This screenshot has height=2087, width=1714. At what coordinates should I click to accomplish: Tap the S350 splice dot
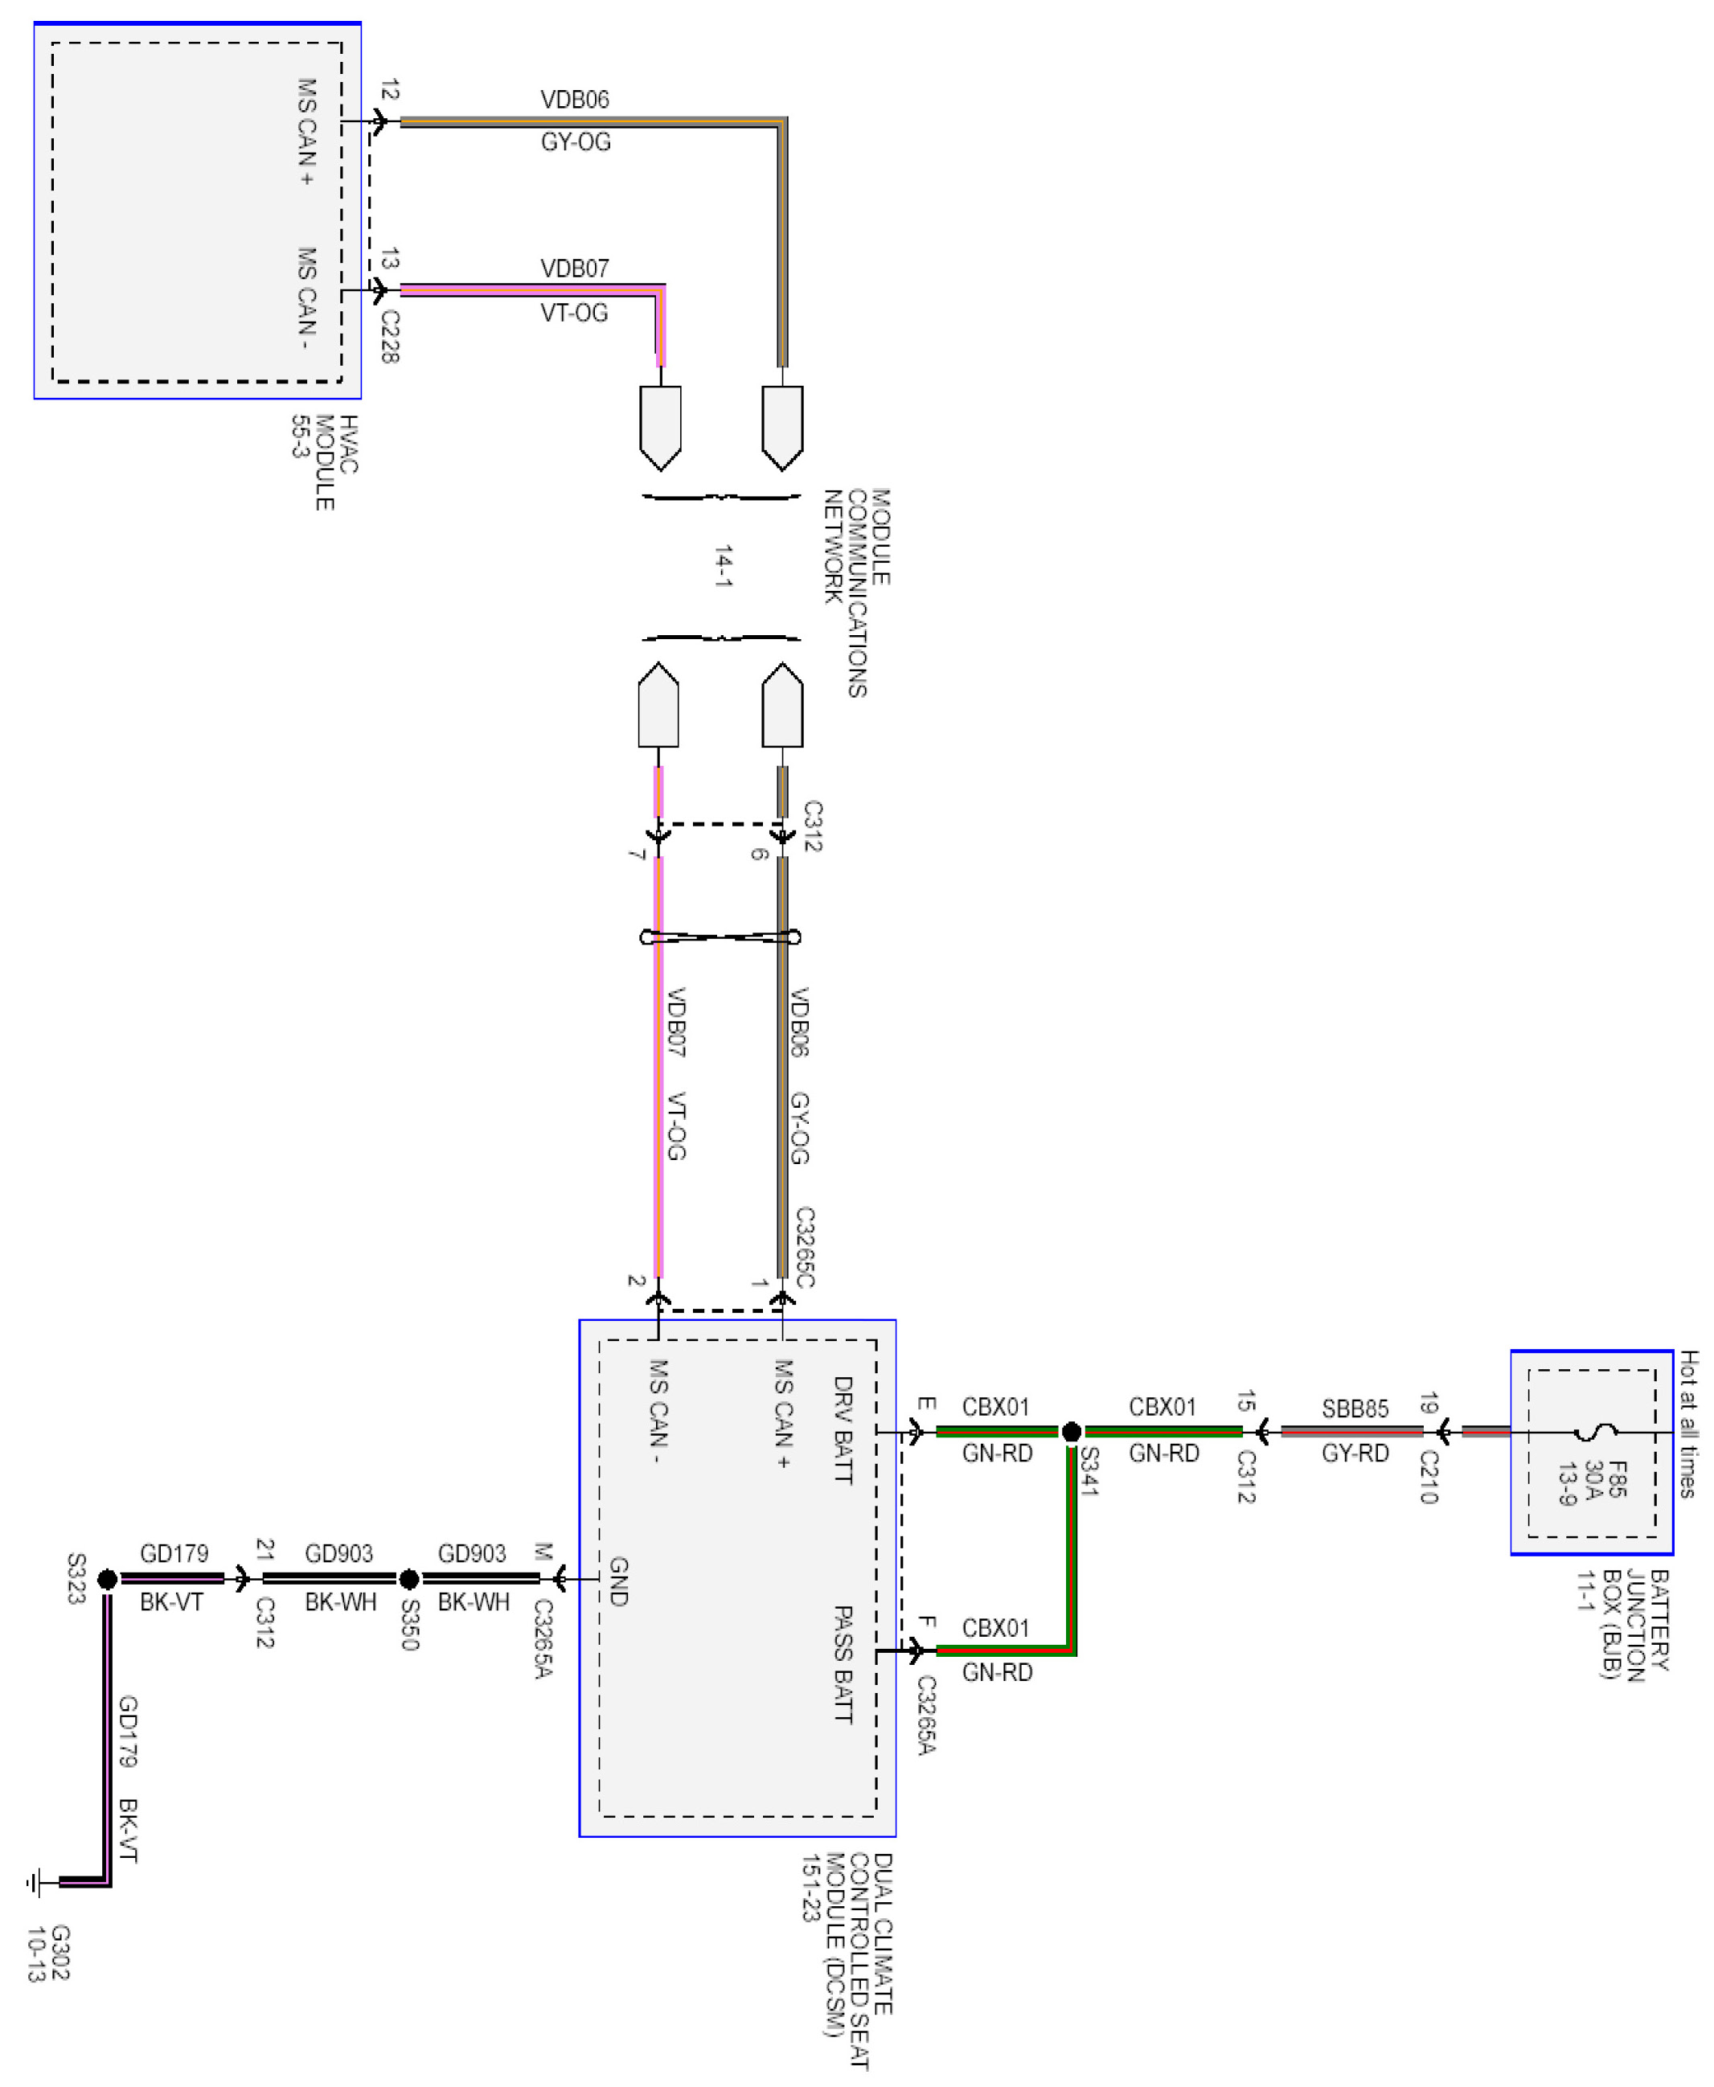[408, 1579]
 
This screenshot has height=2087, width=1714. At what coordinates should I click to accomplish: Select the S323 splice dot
[108, 1579]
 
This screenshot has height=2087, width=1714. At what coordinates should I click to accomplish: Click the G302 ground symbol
[35, 1882]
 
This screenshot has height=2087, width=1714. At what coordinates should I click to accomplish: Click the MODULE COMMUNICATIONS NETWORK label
[857, 592]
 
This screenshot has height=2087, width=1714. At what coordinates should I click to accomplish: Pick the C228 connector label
[390, 336]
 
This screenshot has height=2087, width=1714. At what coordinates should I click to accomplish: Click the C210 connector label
[1429, 1476]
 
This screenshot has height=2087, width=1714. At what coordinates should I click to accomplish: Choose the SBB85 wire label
[1355, 1408]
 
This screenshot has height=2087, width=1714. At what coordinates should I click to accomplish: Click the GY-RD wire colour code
[1355, 1454]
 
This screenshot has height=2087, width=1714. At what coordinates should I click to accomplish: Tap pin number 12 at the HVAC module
[390, 90]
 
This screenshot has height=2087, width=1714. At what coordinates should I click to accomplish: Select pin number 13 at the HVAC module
[390, 259]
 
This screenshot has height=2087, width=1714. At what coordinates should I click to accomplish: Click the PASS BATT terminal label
[843, 1663]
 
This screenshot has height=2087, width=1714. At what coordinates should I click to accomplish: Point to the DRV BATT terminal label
[843, 1429]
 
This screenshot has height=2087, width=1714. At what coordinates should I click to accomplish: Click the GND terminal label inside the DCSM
[618, 1581]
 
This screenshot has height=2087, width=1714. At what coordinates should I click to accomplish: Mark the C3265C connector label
[805, 1247]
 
